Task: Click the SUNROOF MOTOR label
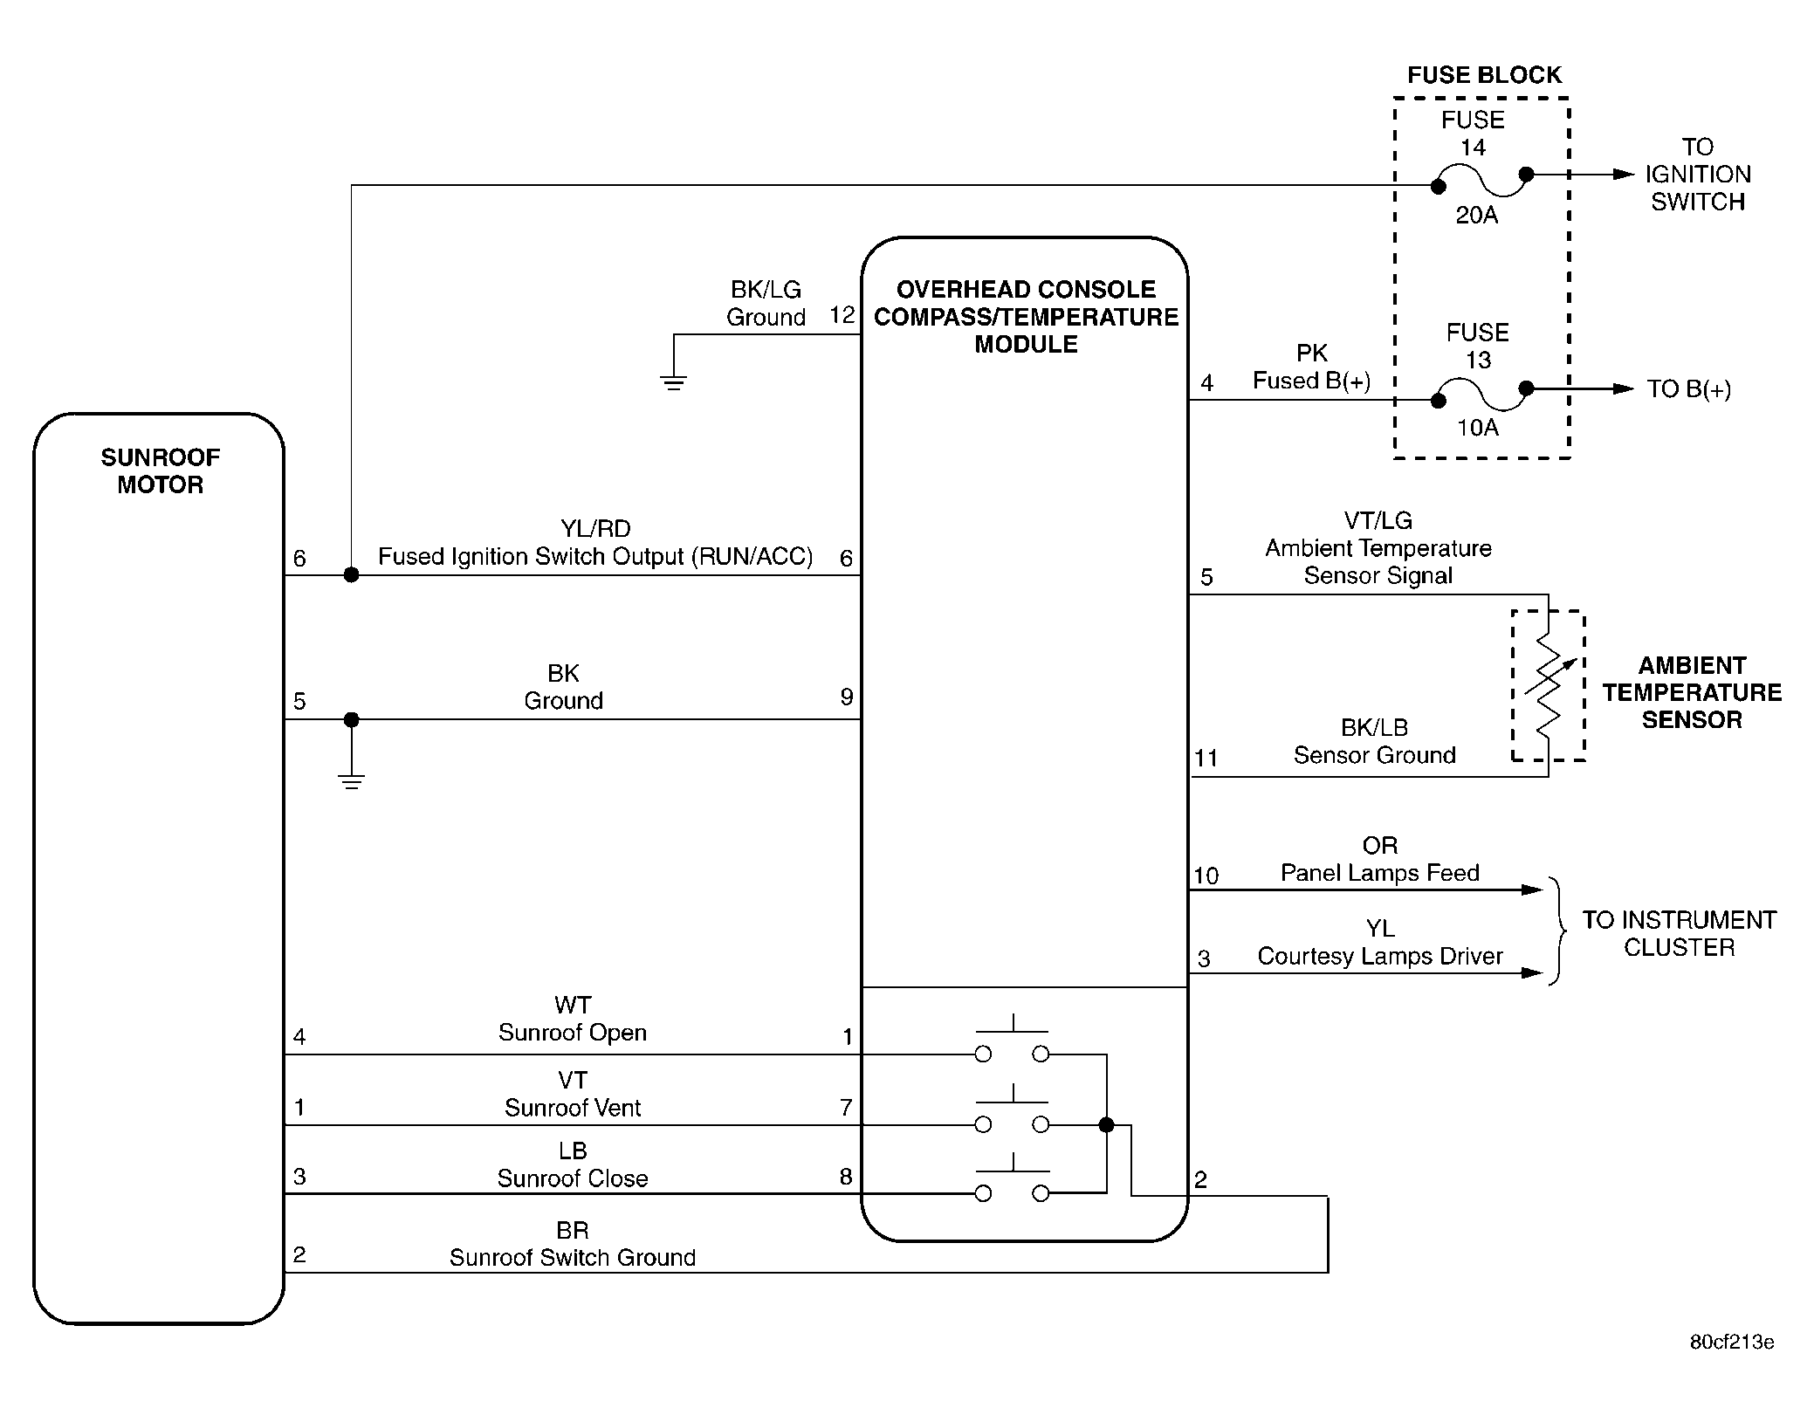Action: [x=161, y=471]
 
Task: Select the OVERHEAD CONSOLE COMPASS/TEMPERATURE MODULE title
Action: [x=1026, y=317]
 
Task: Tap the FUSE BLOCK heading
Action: [x=1484, y=75]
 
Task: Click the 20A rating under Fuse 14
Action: [x=1476, y=215]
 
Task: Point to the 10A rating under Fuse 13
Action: [x=1477, y=428]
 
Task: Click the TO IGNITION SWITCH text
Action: [x=1698, y=175]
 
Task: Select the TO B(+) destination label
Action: [x=1689, y=389]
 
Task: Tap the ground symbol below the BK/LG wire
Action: [x=673, y=383]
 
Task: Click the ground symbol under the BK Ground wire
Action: [x=352, y=782]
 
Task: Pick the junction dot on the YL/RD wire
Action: [x=351, y=574]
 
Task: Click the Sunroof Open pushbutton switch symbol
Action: [x=1012, y=1039]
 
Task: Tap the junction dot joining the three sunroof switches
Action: [x=1106, y=1125]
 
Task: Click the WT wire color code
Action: [x=573, y=1006]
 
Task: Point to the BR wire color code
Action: [x=573, y=1231]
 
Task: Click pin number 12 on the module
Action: [x=842, y=315]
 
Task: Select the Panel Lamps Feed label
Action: [x=1380, y=873]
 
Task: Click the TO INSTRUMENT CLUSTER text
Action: [x=1680, y=934]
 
